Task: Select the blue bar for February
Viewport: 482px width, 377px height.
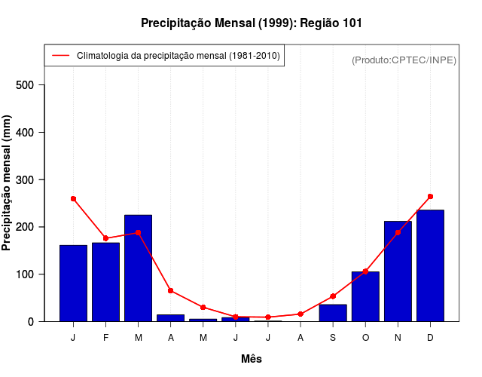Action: coord(105,282)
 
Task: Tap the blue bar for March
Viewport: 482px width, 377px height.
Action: coord(139,268)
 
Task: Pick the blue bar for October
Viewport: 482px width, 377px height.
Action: coord(365,296)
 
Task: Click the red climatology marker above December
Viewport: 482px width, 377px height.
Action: coord(430,197)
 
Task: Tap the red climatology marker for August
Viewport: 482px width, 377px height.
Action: coord(300,314)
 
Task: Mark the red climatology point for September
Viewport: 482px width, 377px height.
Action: coord(333,296)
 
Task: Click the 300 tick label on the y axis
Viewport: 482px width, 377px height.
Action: coord(26,179)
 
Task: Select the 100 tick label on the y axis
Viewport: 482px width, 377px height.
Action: coord(26,274)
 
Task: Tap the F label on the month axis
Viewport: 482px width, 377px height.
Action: coord(105,338)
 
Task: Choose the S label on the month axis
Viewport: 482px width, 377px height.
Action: coord(333,338)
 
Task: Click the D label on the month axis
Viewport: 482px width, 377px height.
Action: coord(430,338)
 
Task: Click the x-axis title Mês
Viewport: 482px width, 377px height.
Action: coord(252,360)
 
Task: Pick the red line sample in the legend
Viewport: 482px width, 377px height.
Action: coord(60,56)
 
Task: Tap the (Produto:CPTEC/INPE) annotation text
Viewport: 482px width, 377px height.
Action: coord(404,60)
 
